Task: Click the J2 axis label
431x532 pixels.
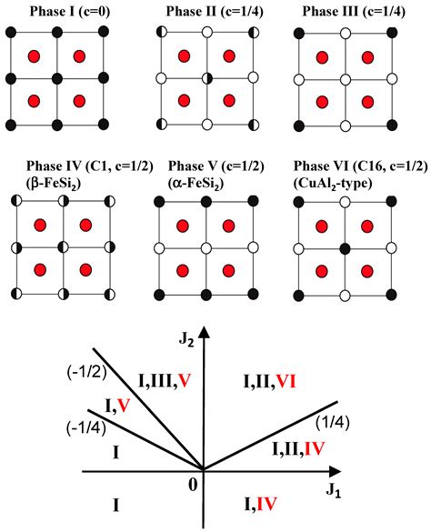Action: point(212,342)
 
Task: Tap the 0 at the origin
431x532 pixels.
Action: point(193,486)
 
